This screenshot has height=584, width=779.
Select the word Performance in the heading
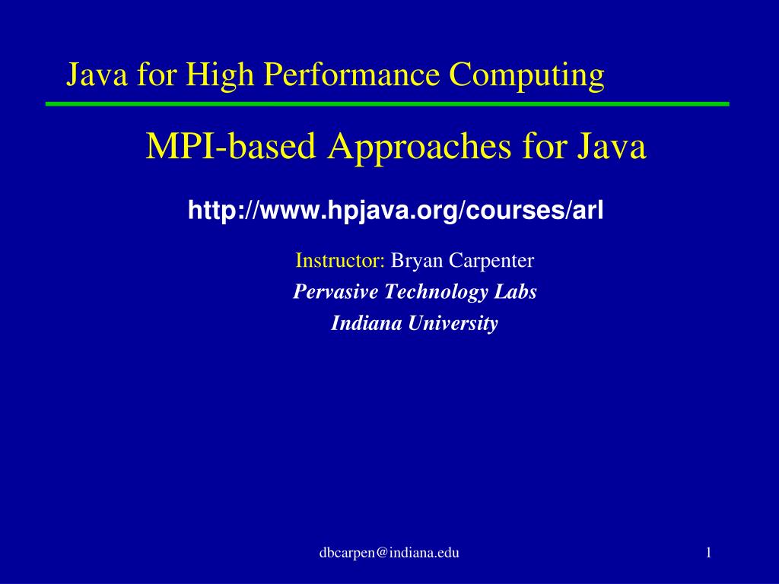coord(351,75)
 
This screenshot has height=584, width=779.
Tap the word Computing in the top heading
coord(526,75)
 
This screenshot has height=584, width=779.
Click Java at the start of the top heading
coord(97,75)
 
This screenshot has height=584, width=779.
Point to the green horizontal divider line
coord(387,103)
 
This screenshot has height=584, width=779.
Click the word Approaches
coord(419,148)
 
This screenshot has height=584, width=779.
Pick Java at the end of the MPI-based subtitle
coord(611,147)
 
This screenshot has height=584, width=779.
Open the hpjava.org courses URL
coord(396,211)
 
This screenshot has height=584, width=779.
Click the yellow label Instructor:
coord(340,260)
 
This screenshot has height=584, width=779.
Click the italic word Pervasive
coord(335,291)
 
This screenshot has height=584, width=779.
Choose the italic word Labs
coord(515,291)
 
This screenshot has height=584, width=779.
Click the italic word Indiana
coord(366,323)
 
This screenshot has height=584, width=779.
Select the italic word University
coord(453,324)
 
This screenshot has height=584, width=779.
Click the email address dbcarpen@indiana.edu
coord(389,553)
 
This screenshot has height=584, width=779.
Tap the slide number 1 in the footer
coord(709,552)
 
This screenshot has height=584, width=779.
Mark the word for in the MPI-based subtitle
coord(543,147)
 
